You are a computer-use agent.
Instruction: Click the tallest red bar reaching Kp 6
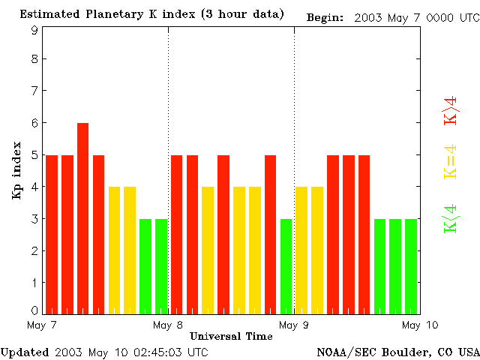point(82,217)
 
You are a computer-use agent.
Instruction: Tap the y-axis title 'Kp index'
point(16,169)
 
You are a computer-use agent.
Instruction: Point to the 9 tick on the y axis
point(34,31)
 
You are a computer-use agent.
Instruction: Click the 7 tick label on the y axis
point(34,91)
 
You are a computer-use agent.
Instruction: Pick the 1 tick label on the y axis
point(34,283)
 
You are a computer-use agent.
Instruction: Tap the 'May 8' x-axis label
point(167,325)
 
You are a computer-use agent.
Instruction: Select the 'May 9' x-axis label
point(294,325)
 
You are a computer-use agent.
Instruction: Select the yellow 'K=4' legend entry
point(451,162)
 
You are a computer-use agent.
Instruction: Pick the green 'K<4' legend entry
point(451,217)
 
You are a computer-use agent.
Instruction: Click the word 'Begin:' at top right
point(325,17)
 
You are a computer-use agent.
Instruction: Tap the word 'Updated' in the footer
point(24,352)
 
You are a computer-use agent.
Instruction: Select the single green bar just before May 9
point(286,266)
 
